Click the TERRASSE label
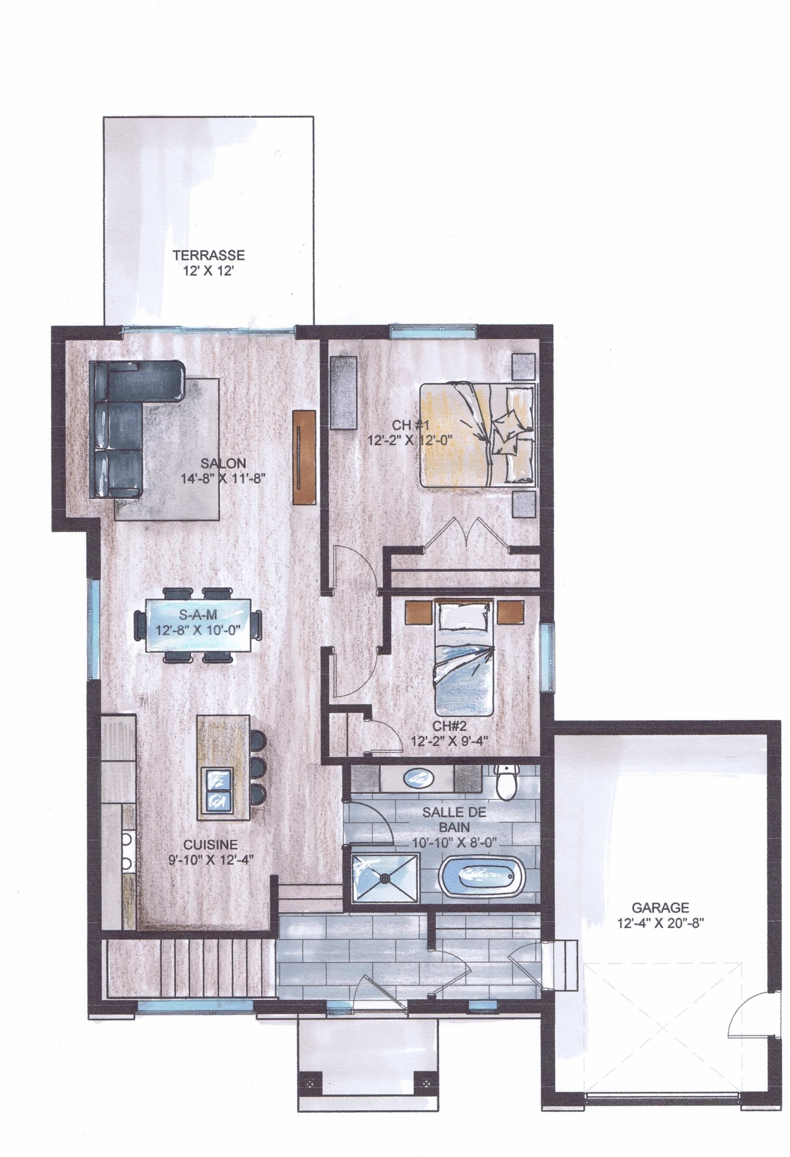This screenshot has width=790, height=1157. pos(208,255)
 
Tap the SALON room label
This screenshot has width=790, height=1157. pos(223,464)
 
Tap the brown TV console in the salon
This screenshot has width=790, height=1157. pos(304,457)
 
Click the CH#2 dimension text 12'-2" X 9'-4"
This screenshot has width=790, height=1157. pos(448,740)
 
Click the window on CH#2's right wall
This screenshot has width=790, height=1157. pos(546,657)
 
